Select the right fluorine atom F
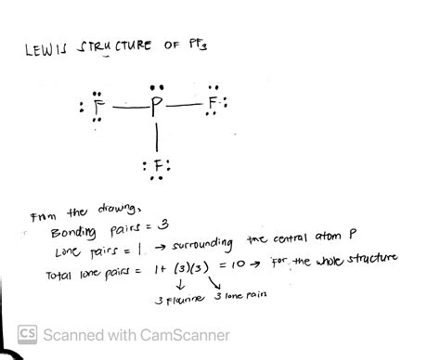coord(214,100)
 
